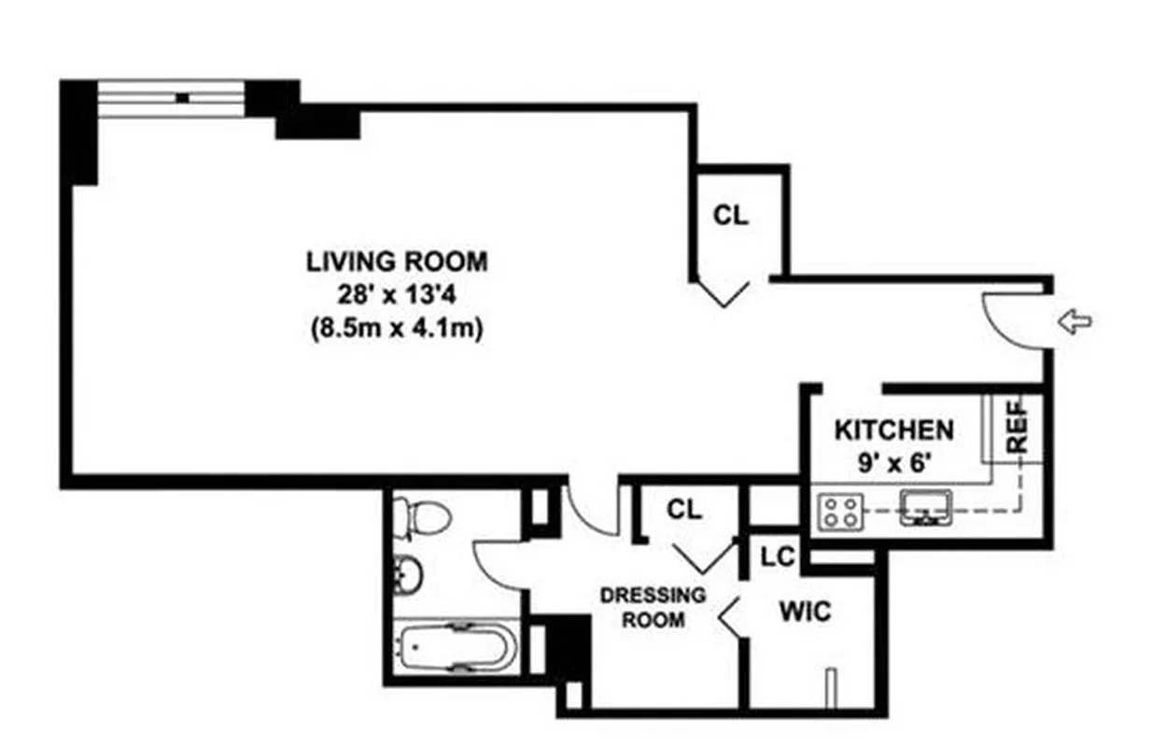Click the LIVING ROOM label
[397, 261]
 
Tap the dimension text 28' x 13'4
[397, 295]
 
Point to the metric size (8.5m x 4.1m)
[397, 330]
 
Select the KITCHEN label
[893, 430]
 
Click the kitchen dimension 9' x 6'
[892, 461]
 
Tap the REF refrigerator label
[1018, 427]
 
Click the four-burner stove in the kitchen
[838, 512]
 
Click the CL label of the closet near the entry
[731, 216]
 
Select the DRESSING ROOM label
[653, 607]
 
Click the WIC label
[804, 613]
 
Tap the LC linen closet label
[777, 557]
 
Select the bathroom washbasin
[408, 575]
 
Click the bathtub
[454, 646]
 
